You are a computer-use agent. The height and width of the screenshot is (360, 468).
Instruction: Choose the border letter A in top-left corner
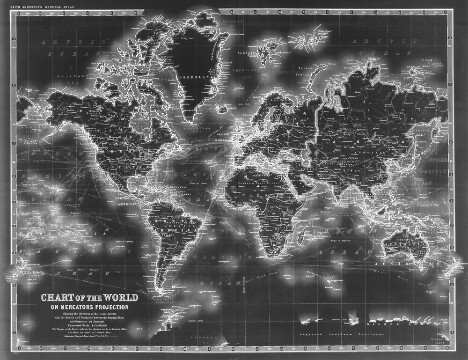[19, 14]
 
